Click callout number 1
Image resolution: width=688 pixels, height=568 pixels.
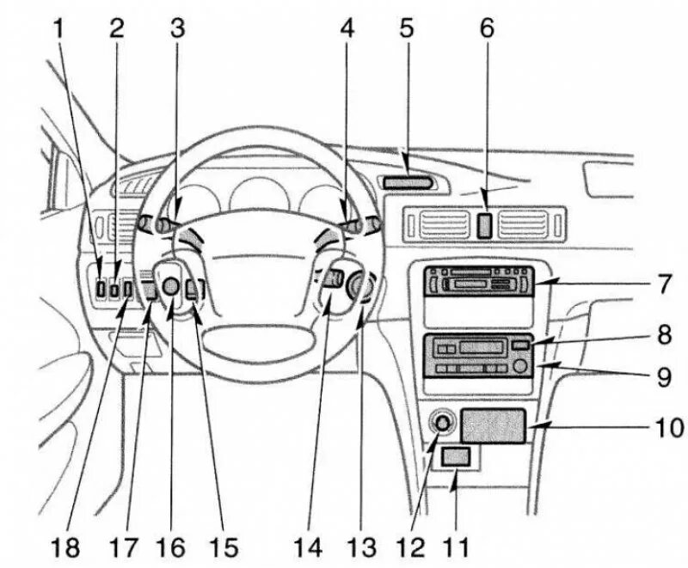pyautogui.click(x=58, y=28)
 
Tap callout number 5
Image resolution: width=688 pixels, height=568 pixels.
pyautogui.click(x=406, y=28)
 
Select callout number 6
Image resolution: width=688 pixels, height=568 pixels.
pyautogui.click(x=487, y=28)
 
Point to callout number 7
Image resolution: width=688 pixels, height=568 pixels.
pyautogui.click(x=661, y=284)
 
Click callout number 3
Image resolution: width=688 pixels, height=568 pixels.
pyautogui.click(x=176, y=28)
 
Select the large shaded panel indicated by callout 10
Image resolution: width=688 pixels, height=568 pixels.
pyautogui.click(x=494, y=425)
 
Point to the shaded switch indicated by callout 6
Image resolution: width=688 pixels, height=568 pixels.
pyautogui.click(x=485, y=225)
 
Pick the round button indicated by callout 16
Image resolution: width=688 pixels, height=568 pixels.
pyautogui.click(x=171, y=288)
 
